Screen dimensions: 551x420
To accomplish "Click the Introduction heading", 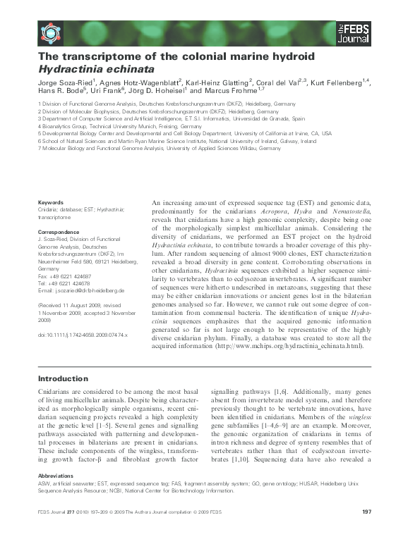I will point(68,379).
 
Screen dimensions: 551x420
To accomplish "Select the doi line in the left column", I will point(83,335).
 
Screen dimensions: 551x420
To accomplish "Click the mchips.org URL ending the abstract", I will point(293,345).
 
